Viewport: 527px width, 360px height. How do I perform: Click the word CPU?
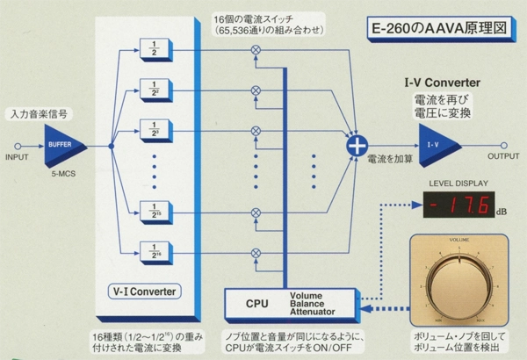(x=256, y=303)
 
